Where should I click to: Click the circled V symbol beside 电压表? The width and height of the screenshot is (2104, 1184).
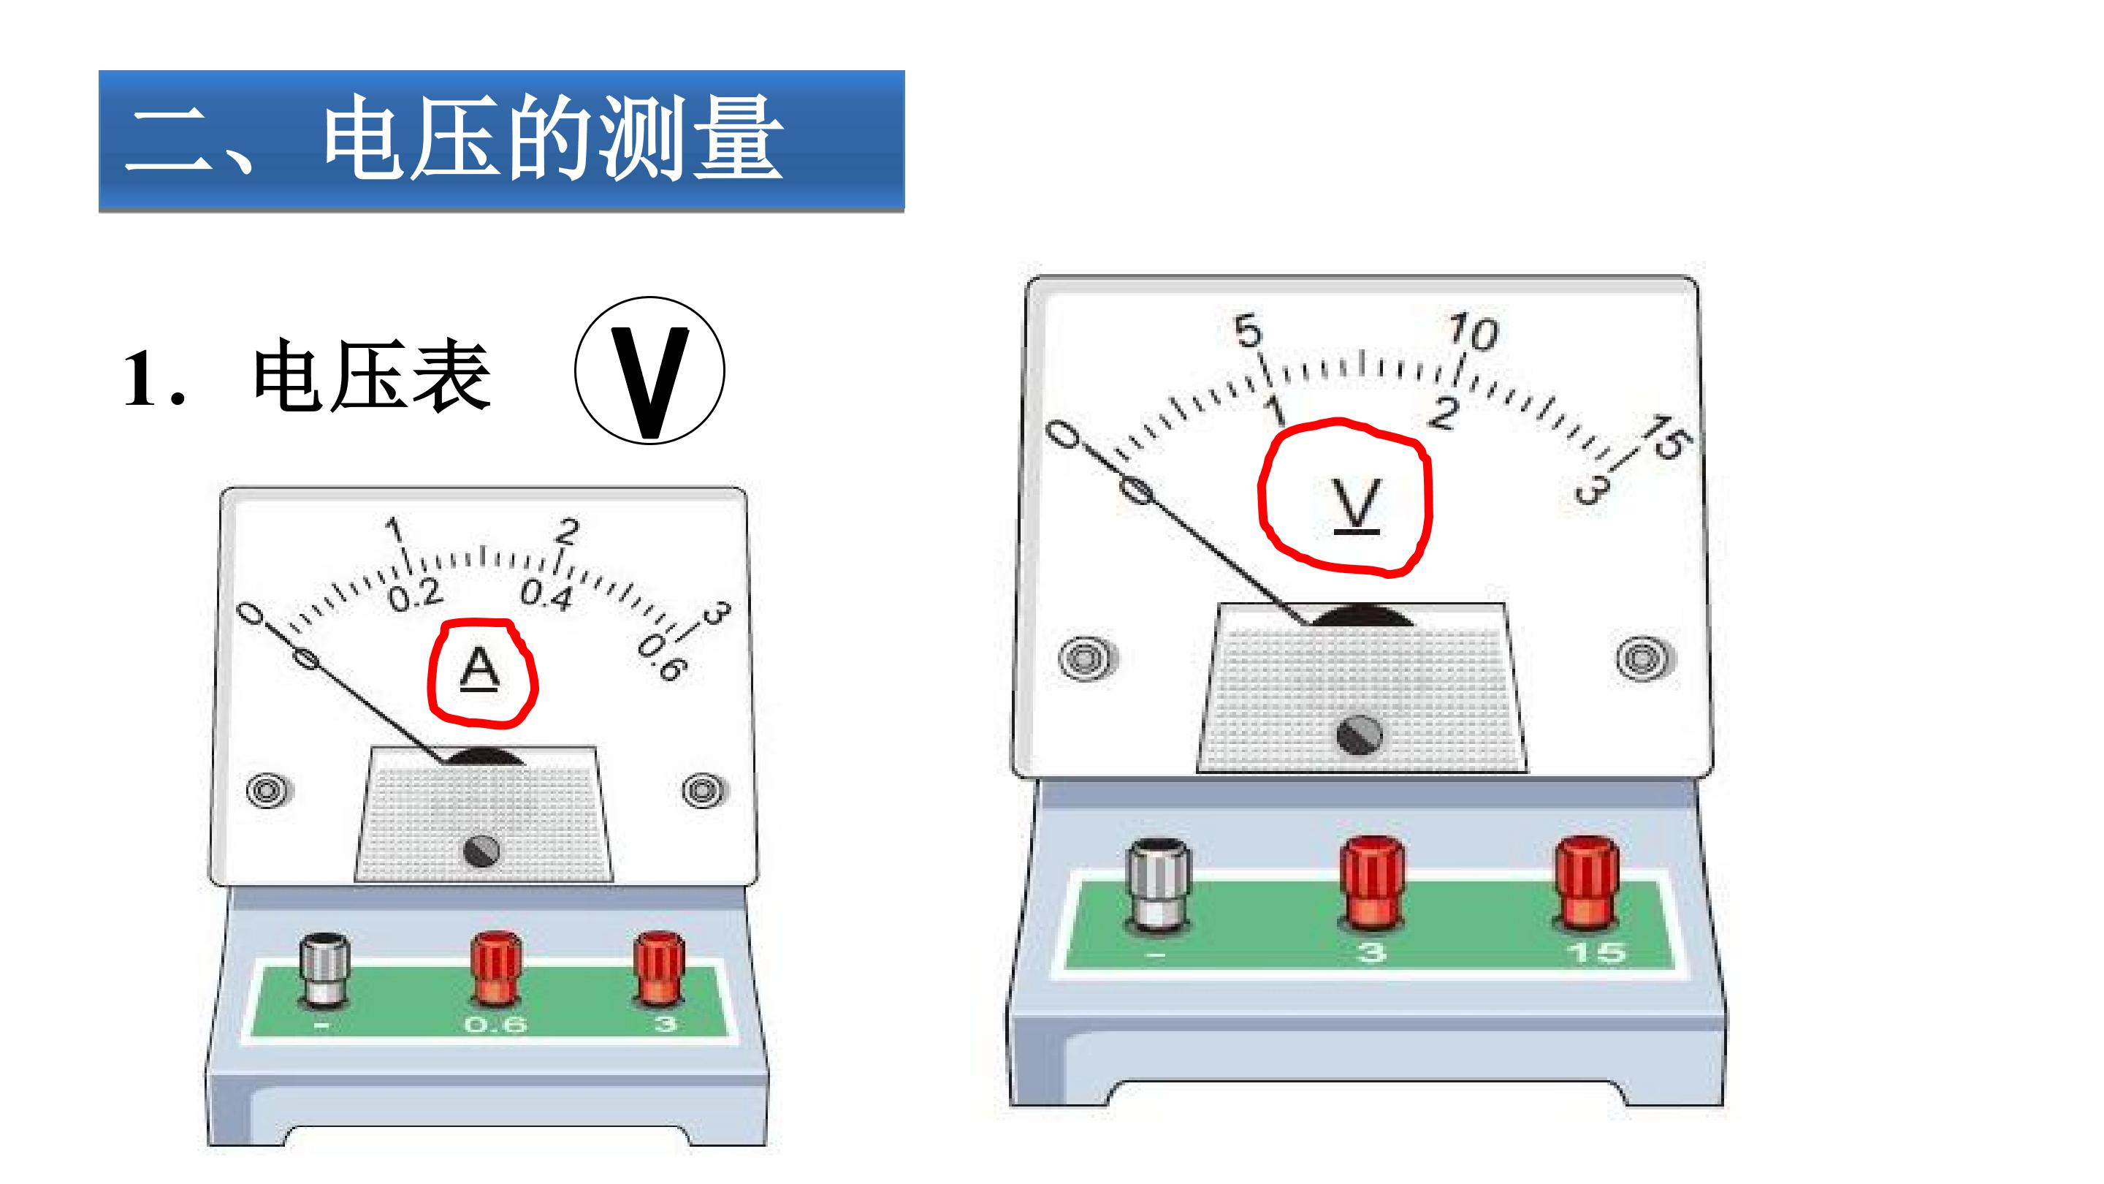pyautogui.click(x=649, y=370)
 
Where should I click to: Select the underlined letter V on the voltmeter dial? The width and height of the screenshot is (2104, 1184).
pyautogui.click(x=1357, y=505)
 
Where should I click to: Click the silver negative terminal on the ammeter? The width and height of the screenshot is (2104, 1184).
pyautogui.click(x=325, y=971)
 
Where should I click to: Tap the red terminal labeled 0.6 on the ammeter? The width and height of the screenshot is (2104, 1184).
pyautogui.click(x=496, y=968)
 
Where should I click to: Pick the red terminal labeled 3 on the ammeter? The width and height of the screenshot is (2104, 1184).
pyautogui.click(x=660, y=968)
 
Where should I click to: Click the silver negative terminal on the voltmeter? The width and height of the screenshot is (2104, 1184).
pyautogui.click(x=1158, y=887)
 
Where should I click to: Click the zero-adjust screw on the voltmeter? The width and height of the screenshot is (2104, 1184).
pyautogui.click(x=1358, y=734)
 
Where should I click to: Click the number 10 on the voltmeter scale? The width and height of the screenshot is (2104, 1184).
pyautogui.click(x=1473, y=331)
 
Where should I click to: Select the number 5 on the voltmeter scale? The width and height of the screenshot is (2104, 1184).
pyautogui.click(x=1248, y=330)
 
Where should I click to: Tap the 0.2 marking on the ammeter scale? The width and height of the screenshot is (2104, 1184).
pyautogui.click(x=415, y=596)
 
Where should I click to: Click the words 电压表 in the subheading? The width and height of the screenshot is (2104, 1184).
pyautogui.click(x=373, y=376)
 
